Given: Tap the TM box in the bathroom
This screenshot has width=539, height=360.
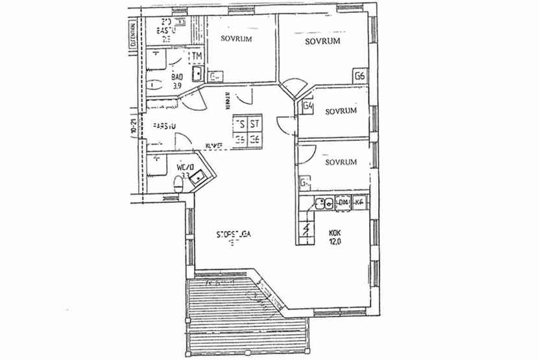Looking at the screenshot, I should (197, 56).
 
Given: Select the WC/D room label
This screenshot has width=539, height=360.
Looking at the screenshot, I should (182, 167).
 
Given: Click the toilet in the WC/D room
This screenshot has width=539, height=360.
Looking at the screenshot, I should (180, 185).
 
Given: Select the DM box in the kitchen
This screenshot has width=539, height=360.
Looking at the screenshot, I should (342, 204).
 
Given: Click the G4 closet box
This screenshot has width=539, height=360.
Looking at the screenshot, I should (308, 106).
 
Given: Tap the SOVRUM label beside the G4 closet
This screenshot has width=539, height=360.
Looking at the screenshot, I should (341, 111).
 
